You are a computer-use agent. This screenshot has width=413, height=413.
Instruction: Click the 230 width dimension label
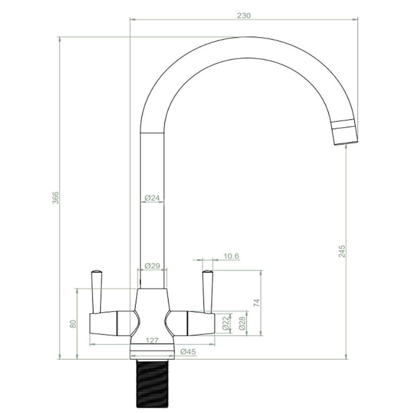(244, 16)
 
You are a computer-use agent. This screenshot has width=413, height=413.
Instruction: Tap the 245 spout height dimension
(342, 251)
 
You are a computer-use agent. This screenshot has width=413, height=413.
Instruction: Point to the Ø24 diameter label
(152, 198)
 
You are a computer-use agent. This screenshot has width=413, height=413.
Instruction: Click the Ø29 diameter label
(152, 266)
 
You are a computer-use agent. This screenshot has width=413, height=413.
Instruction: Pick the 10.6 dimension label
(231, 256)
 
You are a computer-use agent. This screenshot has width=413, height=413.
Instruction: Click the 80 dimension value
(73, 324)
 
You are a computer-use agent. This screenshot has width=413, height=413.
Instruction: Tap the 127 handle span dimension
(152, 341)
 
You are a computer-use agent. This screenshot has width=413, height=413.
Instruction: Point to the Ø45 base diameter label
(188, 352)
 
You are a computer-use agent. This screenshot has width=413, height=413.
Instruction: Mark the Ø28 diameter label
(242, 322)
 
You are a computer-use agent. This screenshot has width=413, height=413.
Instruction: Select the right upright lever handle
(207, 291)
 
